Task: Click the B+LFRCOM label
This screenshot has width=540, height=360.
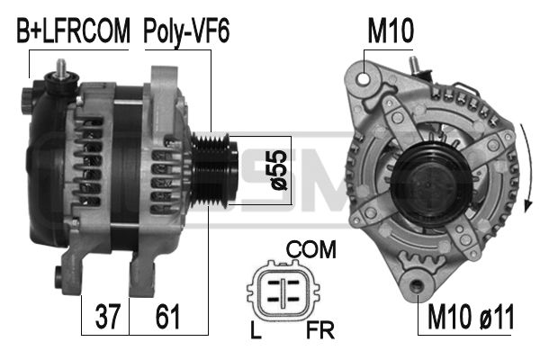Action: click(x=73, y=31)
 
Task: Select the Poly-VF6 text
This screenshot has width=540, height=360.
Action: click(x=186, y=31)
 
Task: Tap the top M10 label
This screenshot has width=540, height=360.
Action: click(x=391, y=31)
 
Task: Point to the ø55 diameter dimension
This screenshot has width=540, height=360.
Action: click(x=279, y=170)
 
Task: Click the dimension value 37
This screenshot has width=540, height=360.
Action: click(x=108, y=316)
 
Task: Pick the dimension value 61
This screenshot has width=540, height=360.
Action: click(x=167, y=316)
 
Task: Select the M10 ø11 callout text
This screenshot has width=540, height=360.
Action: click(x=471, y=317)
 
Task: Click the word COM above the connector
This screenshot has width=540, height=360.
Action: click(x=311, y=249)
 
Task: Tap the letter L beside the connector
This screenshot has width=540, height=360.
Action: click(x=256, y=330)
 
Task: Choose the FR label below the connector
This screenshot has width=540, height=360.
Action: click(x=319, y=330)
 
